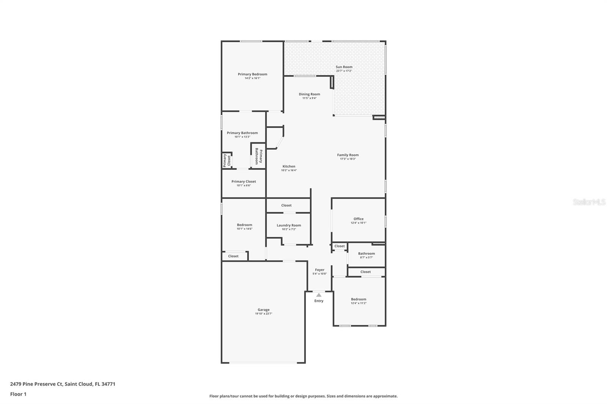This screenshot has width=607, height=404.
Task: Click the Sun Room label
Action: click(344, 67)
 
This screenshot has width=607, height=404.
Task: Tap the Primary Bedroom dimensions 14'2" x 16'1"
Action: click(252, 78)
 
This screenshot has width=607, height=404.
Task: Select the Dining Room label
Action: click(309, 94)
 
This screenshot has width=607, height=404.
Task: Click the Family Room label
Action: click(348, 155)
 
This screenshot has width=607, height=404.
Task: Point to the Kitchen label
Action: click(289, 166)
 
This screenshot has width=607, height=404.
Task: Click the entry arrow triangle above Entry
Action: click(319, 295)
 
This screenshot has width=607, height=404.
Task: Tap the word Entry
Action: click(319, 301)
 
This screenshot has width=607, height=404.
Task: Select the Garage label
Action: click(263, 310)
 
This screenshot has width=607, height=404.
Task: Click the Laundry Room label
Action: click(289, 225)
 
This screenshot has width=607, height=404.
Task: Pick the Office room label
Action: click(358, 219)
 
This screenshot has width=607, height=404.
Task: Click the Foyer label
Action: click(319, 270)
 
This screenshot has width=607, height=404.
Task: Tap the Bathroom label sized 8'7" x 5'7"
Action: click(366, 254)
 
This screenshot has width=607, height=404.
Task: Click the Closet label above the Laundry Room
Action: click(286, 205)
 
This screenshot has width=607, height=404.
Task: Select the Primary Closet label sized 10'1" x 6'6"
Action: click(244, 182)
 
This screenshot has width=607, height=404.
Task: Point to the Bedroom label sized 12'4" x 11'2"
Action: click(358, 299)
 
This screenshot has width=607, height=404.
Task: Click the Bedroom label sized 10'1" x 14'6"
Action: click(244, 225)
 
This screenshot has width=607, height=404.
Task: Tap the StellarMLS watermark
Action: click(589, 202)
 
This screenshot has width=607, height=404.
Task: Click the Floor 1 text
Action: click(18, 394)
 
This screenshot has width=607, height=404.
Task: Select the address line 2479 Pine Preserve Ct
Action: click(63, 384)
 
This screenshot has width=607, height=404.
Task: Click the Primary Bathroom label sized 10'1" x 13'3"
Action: click(242, 133)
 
